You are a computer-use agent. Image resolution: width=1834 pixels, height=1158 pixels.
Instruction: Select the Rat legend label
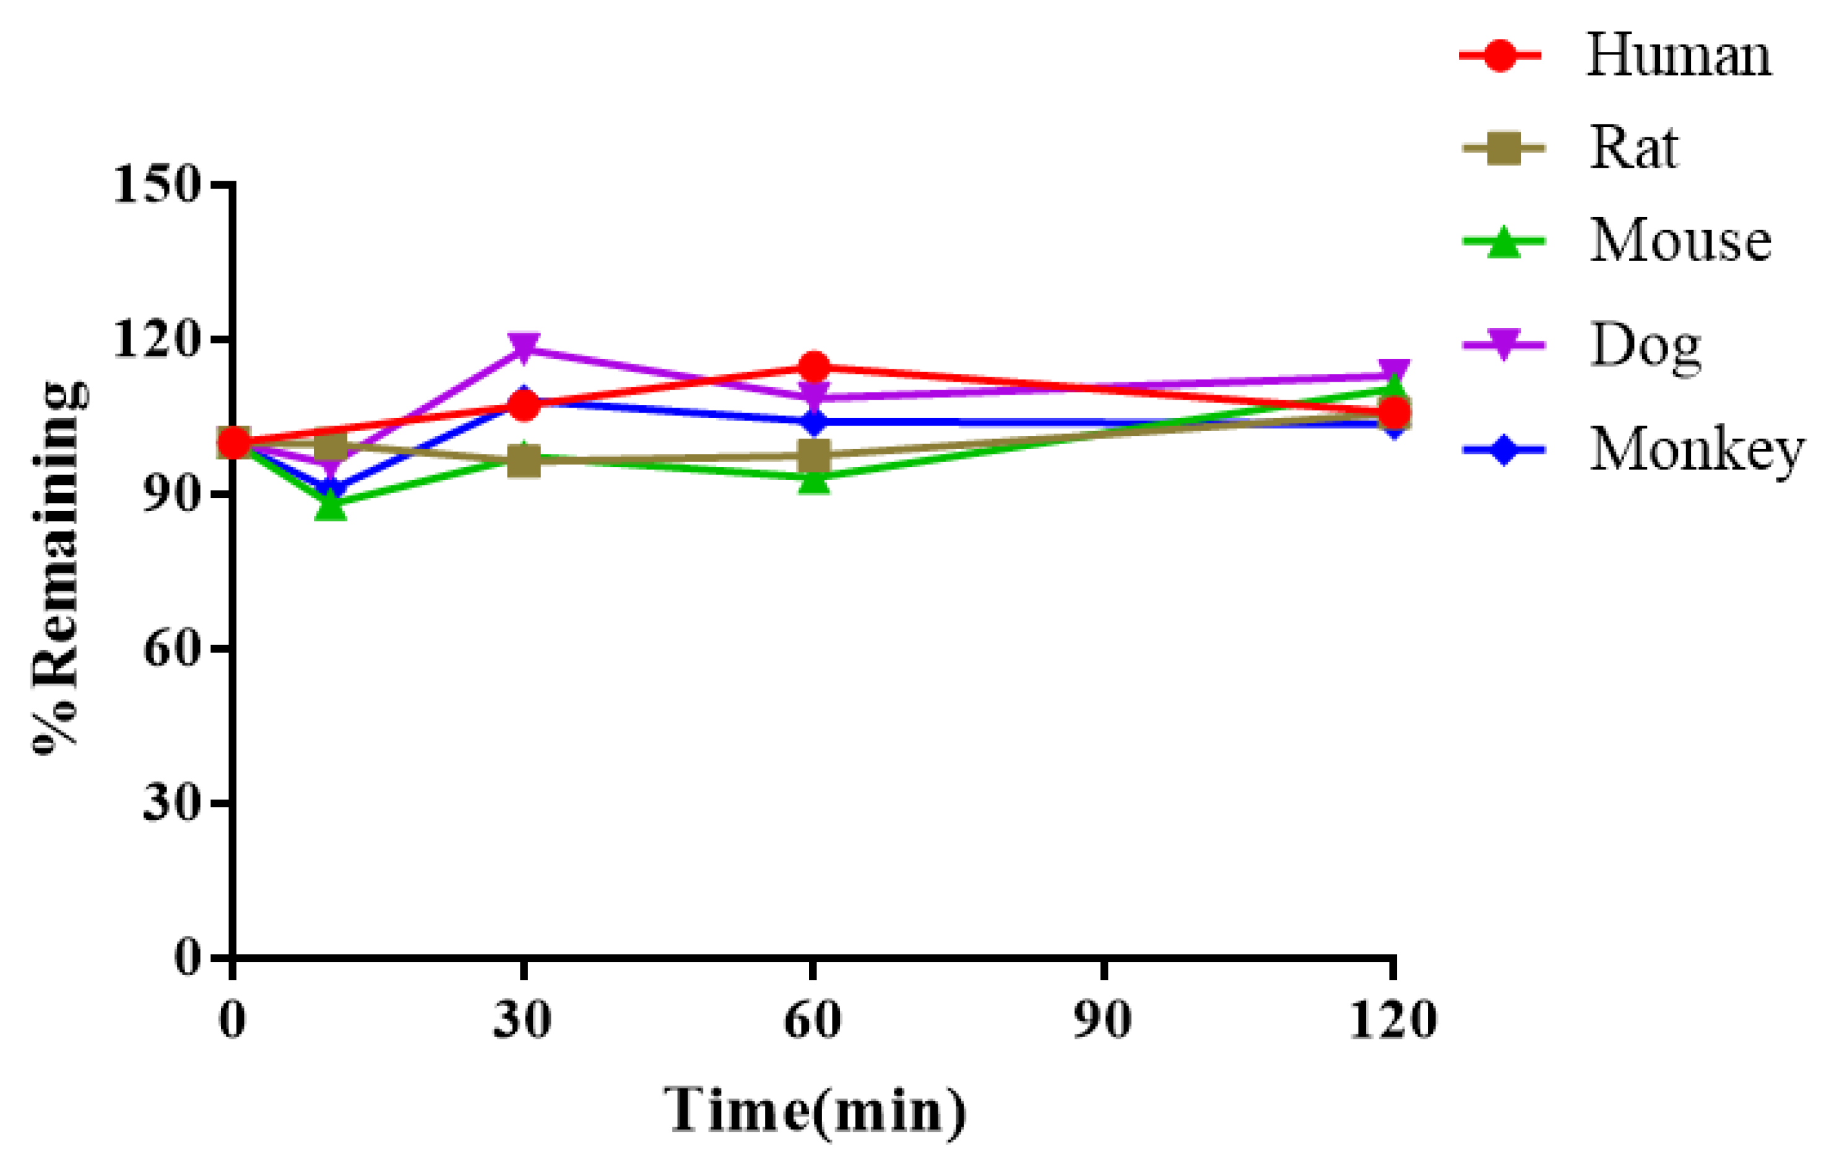(1633, 148)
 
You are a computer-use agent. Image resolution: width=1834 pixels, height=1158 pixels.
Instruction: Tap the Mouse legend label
(1680, 241)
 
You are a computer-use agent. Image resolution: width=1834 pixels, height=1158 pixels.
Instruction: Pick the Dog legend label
(1645, 346)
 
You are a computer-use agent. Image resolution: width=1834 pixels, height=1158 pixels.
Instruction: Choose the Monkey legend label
(1697, 450)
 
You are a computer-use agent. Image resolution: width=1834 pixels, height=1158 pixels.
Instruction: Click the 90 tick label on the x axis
(1103, 1019)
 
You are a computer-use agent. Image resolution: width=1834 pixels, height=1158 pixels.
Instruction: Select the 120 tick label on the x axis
(1392, 1019)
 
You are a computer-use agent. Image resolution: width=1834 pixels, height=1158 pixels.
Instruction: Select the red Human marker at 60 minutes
(813, 367)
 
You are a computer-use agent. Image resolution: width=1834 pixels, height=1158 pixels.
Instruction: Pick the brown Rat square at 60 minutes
(813, 456)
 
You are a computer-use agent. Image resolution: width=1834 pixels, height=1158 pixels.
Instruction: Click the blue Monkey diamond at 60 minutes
(813, 421)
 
